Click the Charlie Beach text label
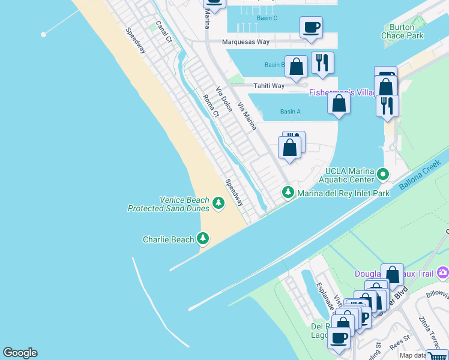[168, 239]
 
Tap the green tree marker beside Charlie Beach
[203, 239]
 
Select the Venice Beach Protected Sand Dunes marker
[218, 205]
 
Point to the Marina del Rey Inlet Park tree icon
[289, 192]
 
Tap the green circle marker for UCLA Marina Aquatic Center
[384, 175]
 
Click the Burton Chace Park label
[402, 31]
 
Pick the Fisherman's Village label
[342, 92]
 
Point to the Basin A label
[291, 112]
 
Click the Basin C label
[267, 18]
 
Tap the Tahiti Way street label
[268, 86]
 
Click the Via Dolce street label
[224, 98]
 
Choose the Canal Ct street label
[163, 32]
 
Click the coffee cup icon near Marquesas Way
[311, 28]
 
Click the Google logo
[20, 353]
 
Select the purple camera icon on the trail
[443, 272]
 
